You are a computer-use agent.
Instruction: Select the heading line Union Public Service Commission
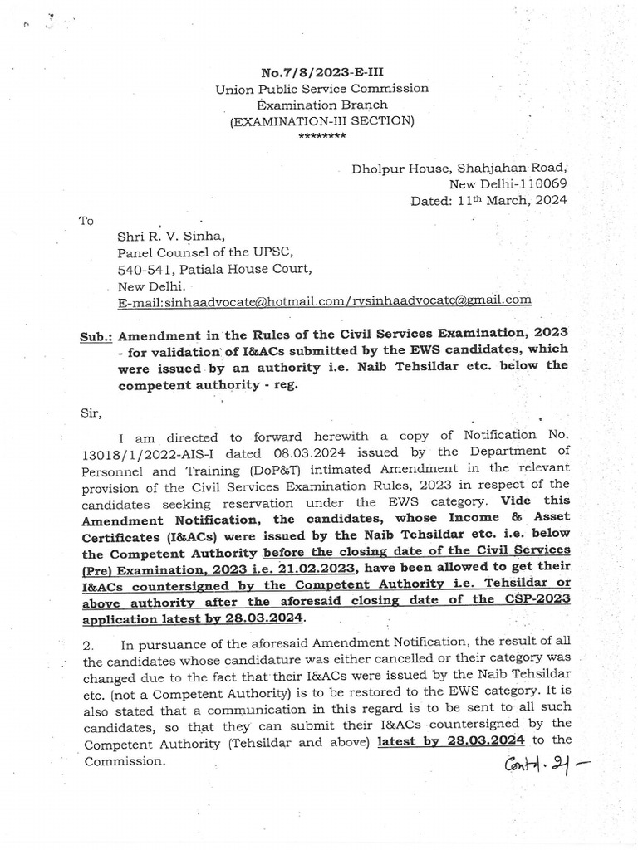pyautogui.click(x=322, y=88)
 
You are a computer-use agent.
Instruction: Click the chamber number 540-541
pyautogui.click(x=144, y=268)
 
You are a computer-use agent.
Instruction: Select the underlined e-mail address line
pyautogui.click(x=325, y=300)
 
